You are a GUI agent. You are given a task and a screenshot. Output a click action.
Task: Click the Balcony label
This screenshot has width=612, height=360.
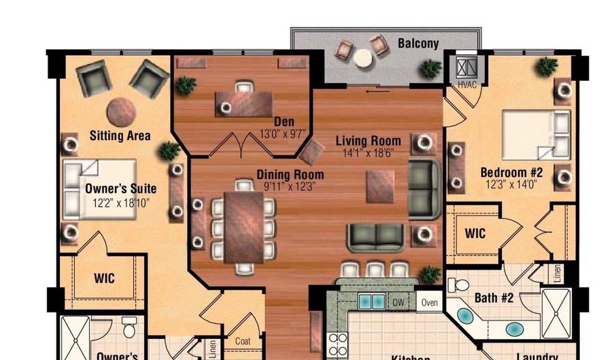(418, 44)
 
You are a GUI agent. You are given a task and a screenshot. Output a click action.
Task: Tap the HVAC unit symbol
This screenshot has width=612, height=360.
(466, 69)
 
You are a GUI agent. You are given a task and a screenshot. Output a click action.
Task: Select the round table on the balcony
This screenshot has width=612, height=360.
(362, 59)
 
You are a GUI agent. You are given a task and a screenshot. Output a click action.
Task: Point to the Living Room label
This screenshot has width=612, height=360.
(368, 142)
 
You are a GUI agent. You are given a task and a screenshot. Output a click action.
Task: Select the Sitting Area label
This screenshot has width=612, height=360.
(120, 135)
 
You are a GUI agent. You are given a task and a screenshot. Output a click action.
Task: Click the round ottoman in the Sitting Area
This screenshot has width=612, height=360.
(122, 112)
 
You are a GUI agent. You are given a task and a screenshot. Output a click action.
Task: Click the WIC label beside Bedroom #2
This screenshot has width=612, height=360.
(475, 233)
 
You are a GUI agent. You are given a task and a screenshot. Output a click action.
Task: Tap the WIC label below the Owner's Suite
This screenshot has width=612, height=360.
(104, 278)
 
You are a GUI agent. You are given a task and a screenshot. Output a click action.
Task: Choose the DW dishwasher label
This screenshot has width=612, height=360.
(398, 302)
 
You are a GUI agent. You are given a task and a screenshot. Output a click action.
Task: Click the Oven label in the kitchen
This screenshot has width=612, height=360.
(428, 302)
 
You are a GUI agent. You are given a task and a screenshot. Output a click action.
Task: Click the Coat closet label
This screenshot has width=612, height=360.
(243, 341)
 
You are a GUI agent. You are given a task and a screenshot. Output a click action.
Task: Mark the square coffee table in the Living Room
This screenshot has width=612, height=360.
(380, 186)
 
